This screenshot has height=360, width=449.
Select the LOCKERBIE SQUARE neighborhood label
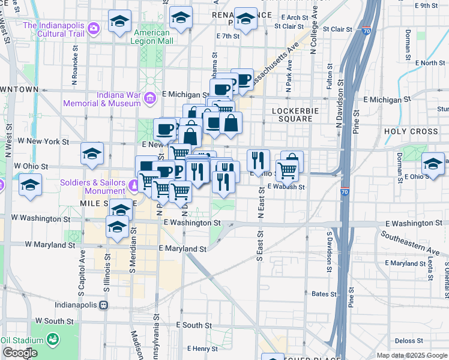tap(292, 115)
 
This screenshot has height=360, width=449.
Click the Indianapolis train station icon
tap(103, 305)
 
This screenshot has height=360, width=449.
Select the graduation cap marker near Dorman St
tap(433, 164)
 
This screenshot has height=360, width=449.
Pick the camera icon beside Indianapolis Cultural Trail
tap(93, 28)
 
